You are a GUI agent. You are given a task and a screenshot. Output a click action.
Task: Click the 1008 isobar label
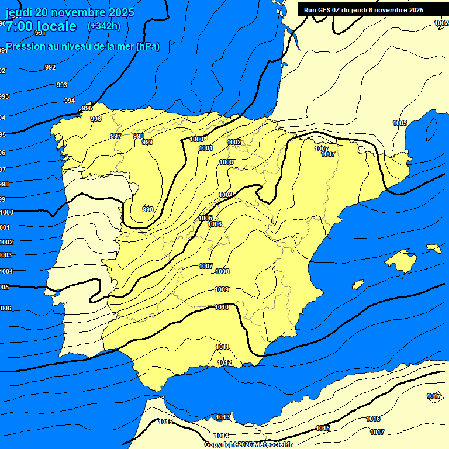[222, 271]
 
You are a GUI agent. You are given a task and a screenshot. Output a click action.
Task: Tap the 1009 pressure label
[222, 289]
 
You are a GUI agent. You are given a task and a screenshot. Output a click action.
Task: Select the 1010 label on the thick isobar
[222, 307]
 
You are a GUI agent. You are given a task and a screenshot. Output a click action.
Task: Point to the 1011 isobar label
[222, 347]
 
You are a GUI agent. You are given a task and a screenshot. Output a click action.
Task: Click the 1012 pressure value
[224, 363]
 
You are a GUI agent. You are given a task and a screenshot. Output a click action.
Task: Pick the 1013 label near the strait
[223, 417]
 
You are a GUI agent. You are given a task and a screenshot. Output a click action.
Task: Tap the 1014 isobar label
[221, 436]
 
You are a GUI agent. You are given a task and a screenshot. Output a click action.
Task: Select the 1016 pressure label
[373, 419]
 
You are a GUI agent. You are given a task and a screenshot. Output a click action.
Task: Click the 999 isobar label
[147, 142]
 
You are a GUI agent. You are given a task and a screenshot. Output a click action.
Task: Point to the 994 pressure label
[70, 101]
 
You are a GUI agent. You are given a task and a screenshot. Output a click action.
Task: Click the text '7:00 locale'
[41, 26]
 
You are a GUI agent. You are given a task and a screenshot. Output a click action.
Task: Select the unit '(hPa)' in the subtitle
[147, 47]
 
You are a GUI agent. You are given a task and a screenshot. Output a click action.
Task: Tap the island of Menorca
[433, 248]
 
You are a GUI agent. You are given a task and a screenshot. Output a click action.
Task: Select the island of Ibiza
[358, 285]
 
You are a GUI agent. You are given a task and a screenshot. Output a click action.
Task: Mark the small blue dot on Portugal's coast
[57, 292]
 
